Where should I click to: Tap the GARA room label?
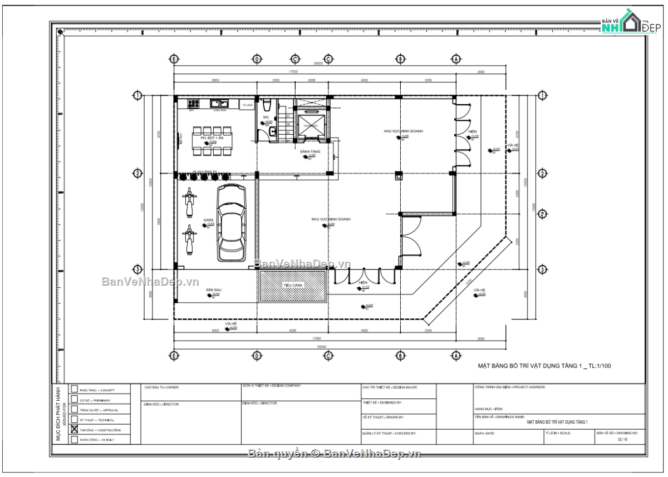coord(208,220)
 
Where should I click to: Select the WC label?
coord(266,117)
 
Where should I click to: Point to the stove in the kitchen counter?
coord(194,103)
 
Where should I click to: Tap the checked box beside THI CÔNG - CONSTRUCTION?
coord(75,430)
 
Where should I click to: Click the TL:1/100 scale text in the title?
coord(598,366)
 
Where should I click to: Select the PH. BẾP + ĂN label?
coord(212,137)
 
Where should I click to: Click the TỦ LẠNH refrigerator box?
coord(247,104)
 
